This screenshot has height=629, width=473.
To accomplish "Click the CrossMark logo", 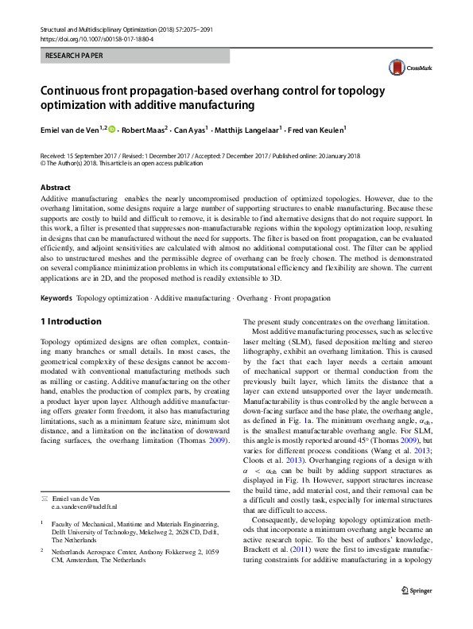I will tap(404, 69).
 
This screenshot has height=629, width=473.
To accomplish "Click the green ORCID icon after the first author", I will tap(112, 129).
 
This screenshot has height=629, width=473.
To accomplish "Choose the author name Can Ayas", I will tap(191, 129).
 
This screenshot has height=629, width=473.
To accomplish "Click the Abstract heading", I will tap(56, 188).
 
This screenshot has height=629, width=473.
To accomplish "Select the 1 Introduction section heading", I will tap(71, 321).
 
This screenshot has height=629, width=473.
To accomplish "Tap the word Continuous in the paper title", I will tap(74, 91).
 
